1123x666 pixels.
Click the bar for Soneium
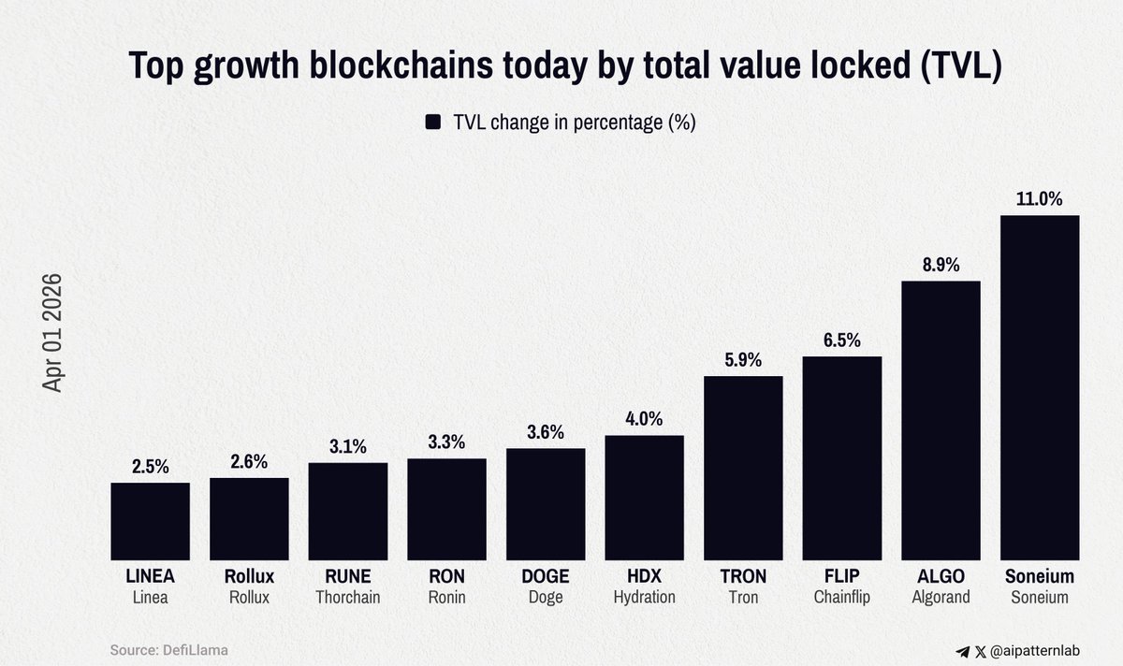click(1040, 388)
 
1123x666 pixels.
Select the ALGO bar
click(941, 421)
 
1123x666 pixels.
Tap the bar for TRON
click(743, 468)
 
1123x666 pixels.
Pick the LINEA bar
click(150, 521)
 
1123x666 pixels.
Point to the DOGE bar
click(546, 504)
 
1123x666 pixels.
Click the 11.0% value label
click(1040, 199)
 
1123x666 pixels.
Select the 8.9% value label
click(941, 265)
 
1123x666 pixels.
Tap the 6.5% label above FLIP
click(842, 340)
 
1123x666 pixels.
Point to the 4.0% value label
click(644, 419)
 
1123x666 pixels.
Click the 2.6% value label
click(249, 461)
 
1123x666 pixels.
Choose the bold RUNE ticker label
click(347, 576)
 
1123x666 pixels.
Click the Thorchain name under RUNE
click(347, 597)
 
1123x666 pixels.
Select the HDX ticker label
click(644, 576)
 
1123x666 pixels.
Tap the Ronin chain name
click(446, 597)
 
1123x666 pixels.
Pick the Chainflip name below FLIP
click(842, 597)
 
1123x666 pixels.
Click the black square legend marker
click(433, 123)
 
